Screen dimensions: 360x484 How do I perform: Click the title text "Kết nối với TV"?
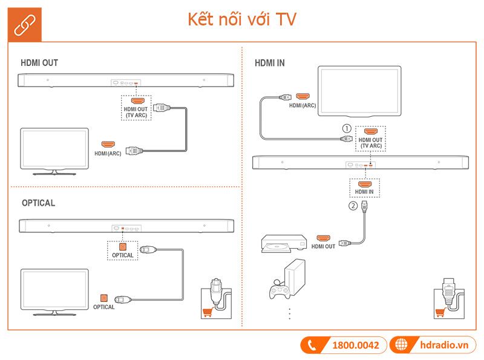tap(241, 20)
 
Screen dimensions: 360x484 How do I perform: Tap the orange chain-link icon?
tap(25, 25)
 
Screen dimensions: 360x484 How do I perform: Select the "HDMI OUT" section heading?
tap(39, 63)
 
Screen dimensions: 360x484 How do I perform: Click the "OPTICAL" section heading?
tap(38, 203)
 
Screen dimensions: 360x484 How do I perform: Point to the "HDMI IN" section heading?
tap(270, 63)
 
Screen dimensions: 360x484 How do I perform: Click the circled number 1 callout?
tap(346, 128)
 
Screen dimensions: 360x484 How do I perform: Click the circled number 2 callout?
tap(353, 205)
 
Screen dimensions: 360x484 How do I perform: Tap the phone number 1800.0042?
tap(356, 345)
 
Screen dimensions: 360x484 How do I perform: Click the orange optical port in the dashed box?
tap(122, 247)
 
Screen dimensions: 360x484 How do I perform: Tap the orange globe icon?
tap(401, 345)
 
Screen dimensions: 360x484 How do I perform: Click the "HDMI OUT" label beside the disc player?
tap(323, 247)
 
